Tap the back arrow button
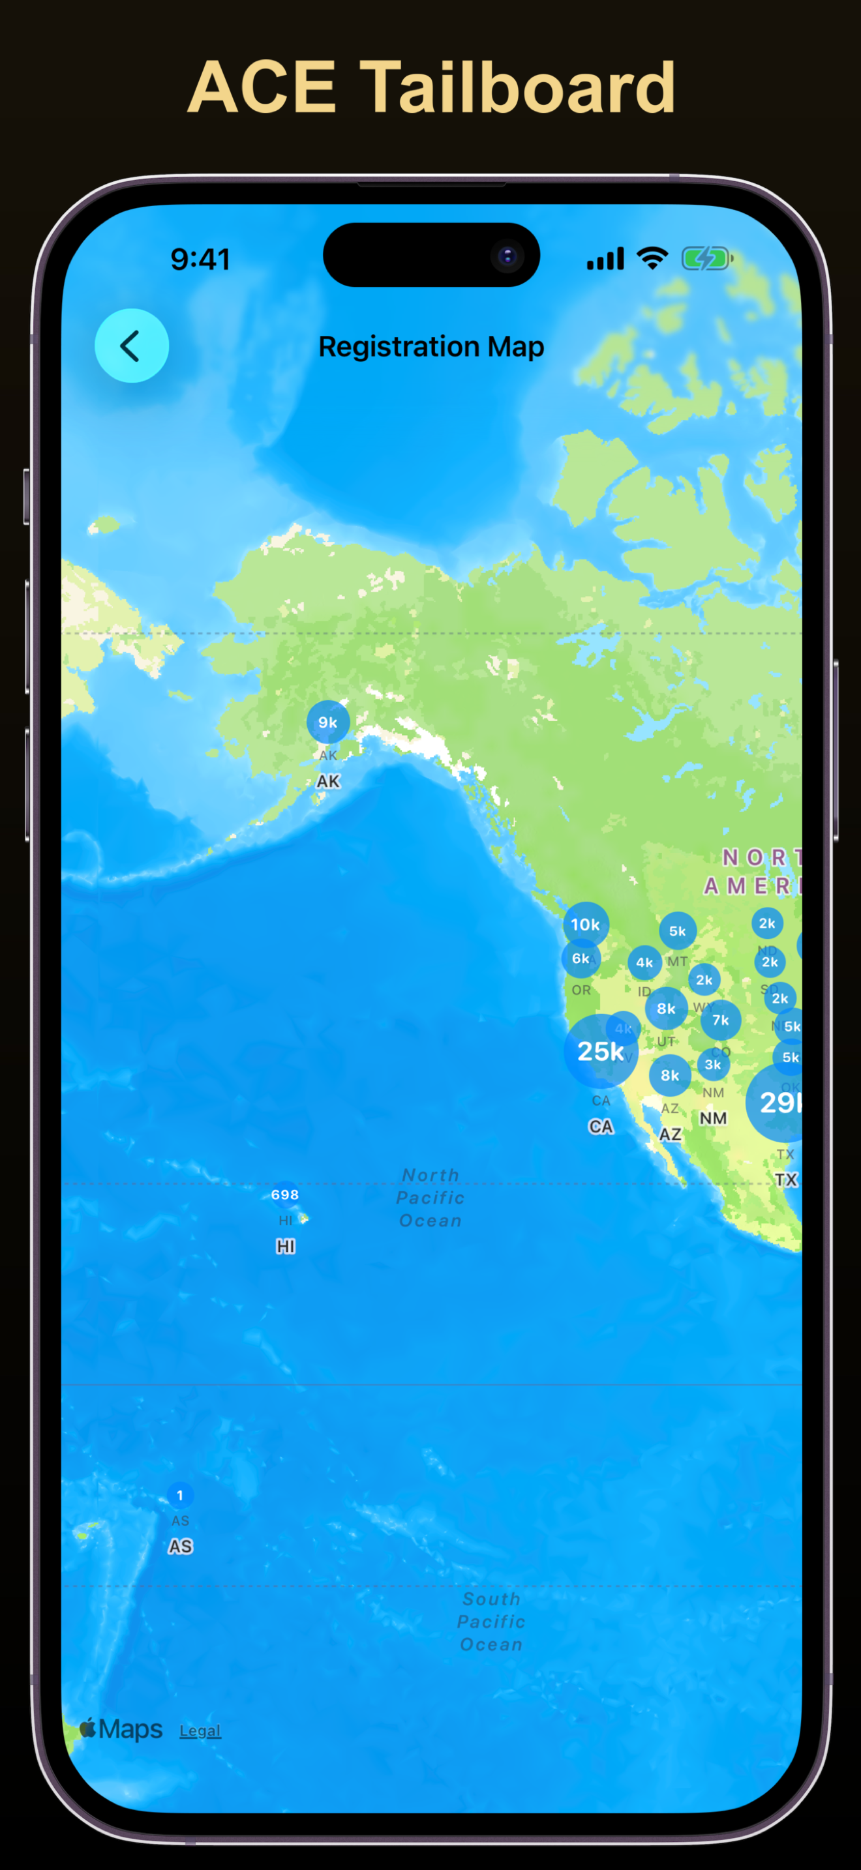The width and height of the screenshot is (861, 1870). [x=131, y=346]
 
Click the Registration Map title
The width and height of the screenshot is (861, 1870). [x=431, y=346]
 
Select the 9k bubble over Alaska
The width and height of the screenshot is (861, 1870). [x=328, y=722]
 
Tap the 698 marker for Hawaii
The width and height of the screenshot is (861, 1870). [x=284, y=1194]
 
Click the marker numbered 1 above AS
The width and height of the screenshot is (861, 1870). [x=180, y=1496]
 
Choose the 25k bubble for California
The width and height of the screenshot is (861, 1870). [x=600, y=1050]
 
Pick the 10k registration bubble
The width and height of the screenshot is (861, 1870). [x=585, y=924]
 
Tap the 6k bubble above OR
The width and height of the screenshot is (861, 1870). [x=580, y=958]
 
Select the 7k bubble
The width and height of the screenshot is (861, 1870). [x=720, y=1020]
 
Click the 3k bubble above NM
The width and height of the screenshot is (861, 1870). [x=713, y=1064]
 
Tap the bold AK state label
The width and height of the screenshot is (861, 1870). [x=328, y=781]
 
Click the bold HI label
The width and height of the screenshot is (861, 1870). [x=285, y=1246]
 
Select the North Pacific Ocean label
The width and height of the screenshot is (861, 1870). [x=430, y=1198]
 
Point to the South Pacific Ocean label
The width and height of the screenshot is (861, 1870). [x=491, y=1621]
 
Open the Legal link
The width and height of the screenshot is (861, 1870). [x=200, y=1730]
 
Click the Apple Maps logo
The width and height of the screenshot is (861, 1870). [x=121, y=1729]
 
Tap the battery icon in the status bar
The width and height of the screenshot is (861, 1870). [x=706, y=258]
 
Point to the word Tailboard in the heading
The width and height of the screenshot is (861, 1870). [x=518, y=88]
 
